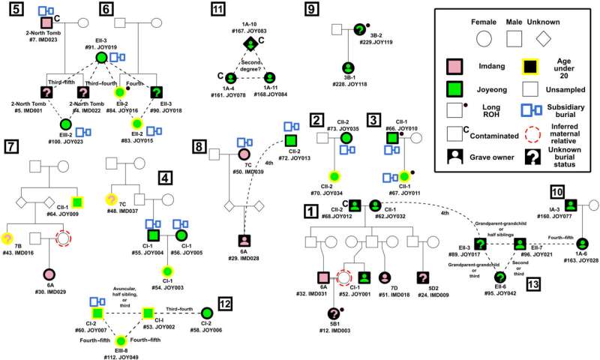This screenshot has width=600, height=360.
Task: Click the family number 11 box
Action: pos(217,10)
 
